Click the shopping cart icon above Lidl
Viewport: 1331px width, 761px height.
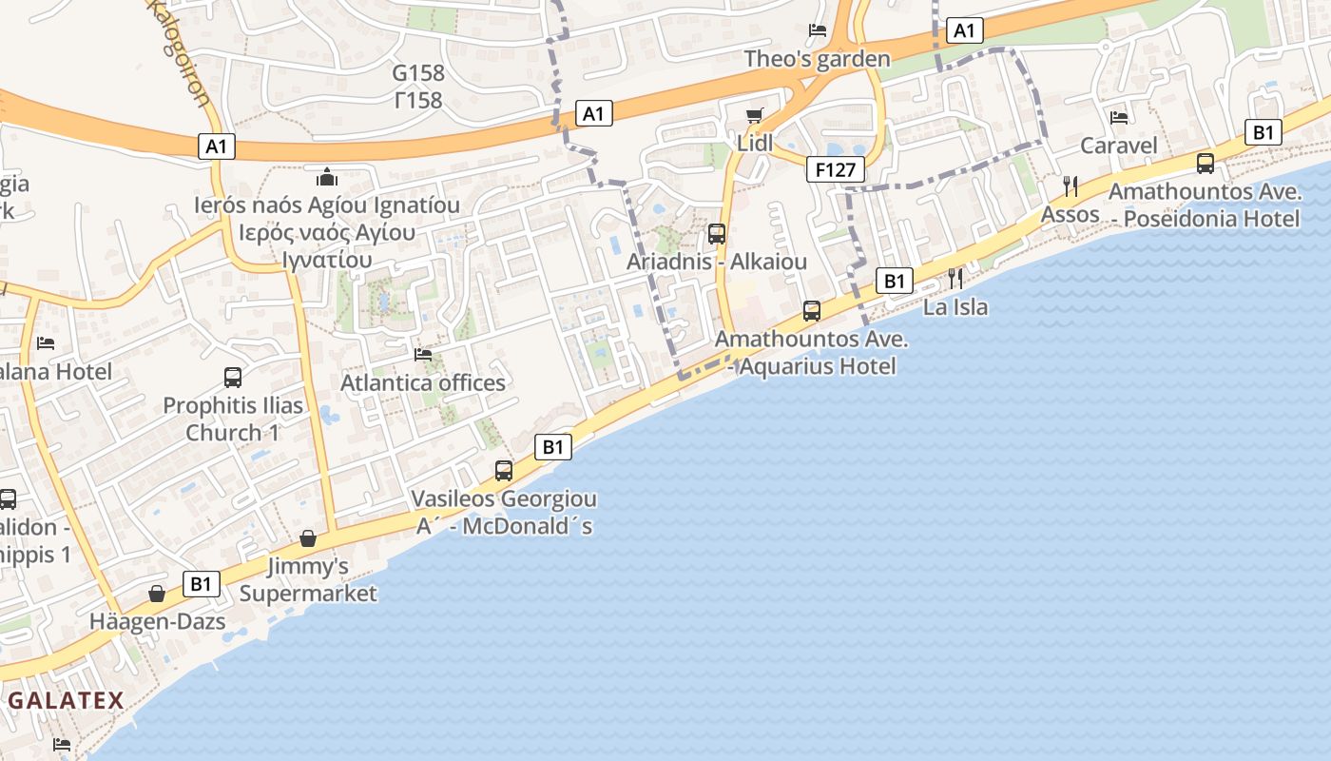(x=755, y=116)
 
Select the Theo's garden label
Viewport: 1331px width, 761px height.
(x=818, y=59)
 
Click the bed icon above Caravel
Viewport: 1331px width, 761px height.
(x=1119, y=118)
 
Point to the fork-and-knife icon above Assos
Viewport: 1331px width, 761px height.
(x=1070, y=185)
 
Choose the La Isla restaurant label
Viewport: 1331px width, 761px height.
(x=955, y=307)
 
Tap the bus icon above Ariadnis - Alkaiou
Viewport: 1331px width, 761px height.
(x=717, y=234)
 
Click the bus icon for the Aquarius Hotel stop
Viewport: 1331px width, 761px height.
(x=812, y=311)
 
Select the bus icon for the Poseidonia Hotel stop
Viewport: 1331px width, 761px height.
(x=1206, y=164)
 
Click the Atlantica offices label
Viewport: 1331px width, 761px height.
(x=423, y=382)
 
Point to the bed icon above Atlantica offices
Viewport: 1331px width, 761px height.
(x=423, y=355)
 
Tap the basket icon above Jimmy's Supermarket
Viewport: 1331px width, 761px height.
(x=308, y=539)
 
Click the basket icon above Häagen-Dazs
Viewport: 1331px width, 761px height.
(x=157, y=595)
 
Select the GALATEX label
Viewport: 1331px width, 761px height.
(x=67, y=701)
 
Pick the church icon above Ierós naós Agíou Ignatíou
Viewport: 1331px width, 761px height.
(x=327, y=177)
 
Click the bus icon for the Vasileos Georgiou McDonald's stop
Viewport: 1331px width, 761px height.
(x=504, y=471)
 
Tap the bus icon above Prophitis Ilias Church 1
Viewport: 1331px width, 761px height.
(x=233, y=378)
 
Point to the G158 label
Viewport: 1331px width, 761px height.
(x=418, y=73)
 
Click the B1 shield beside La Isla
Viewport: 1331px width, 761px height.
(x=894, y=281)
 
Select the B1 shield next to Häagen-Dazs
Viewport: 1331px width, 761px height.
(x=201, y=583)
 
